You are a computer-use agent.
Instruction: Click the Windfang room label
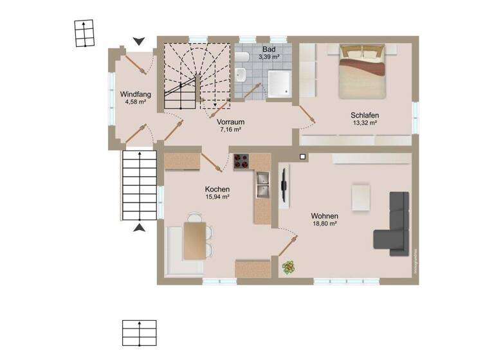click(x=135, y=94)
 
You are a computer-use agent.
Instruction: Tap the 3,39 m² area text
click(x=269, y=57)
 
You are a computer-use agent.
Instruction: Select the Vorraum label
click(x=230, y=122)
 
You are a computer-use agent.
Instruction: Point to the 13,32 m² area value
click(x=365, y=123)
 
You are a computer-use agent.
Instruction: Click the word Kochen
click(x=217, y=189)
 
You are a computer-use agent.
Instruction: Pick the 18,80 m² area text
click(x=324, y=224)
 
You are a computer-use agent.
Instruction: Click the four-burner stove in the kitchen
click(x=242, y=161)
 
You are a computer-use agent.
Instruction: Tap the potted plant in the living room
click(x=288, y=266)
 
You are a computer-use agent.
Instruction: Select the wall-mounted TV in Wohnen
click(x=283, y=184)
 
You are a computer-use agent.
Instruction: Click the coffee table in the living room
click(x=360, y=197)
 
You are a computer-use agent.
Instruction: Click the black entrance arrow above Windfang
click(x=138, y=42)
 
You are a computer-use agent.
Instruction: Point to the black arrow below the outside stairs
click(x=138, y=227)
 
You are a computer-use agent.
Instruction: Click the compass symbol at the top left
click(x=84, y=33)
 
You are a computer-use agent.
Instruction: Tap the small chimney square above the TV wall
click(x=302, y=156)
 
